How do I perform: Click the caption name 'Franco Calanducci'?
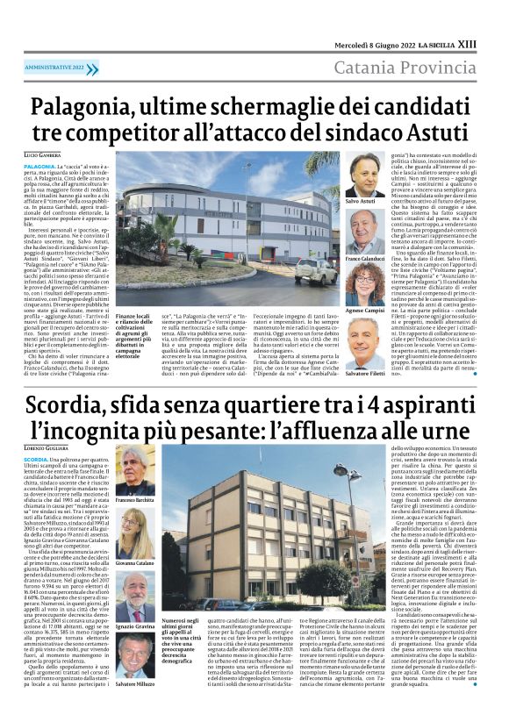pyautogui.click(x=365, y=260)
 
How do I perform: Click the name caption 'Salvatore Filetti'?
pyautogui.click(x=365, y=374)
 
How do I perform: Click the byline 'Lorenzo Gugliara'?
pyautogui.click(x=47, y=448)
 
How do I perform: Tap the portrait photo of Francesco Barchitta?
pyautogui.click(x=133, y=470)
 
